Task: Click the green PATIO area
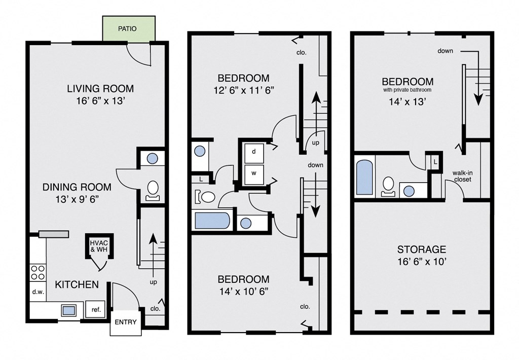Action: pyautogui.click(x=129, y=29)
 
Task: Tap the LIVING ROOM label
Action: pyautogui.click(x=100, y=88)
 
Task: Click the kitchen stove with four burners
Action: pyautogui.click(x=38, y=273)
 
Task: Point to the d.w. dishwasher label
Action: pyautogui.click(x=38, y=292)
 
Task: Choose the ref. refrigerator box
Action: pyautogui.click(x=96, y=310)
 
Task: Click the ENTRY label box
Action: pyautogui.click(x=126, y=322)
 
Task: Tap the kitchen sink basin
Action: pyautogui.click(x=68, y=310)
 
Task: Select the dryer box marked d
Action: pyautogui.click(x=254, y=153)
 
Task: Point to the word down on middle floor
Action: pyautogui.click(x=315, y=165)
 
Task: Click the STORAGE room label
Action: pyautogui.click(x=422, y=249)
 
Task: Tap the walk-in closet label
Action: pyautogui.click(x=462, y=176)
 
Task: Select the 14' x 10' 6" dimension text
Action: pyautogui.click(x=244, y=292)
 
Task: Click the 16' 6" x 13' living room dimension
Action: pyautogui.click(x=100, y=101)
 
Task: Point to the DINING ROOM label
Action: pyautogui.click(x=77, y=187)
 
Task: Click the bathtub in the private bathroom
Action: pyautogui.click(x=365, y=177)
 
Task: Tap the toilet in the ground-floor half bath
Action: pyautogui.click(x=153, y=191)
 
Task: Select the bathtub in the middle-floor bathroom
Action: pyautogui.click(x=212, y=221)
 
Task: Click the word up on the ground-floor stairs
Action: pyautogui.click(x=153, y=282)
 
